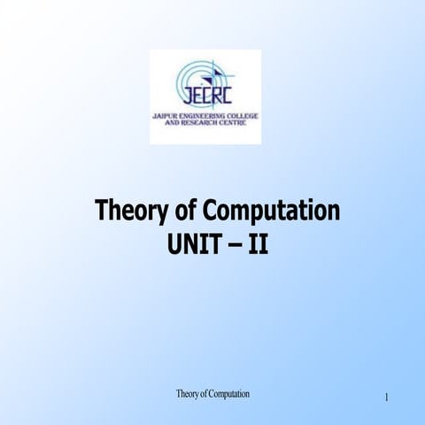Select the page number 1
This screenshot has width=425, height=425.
pyautogui.click(x=387, y=398)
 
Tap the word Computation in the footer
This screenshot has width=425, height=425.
pyautogui.click(x=228, y=393)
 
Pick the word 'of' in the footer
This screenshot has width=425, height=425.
pyautogui.click(x=204, y=393)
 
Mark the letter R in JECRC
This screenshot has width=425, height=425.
pyautogui.click(x=217, y=95)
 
